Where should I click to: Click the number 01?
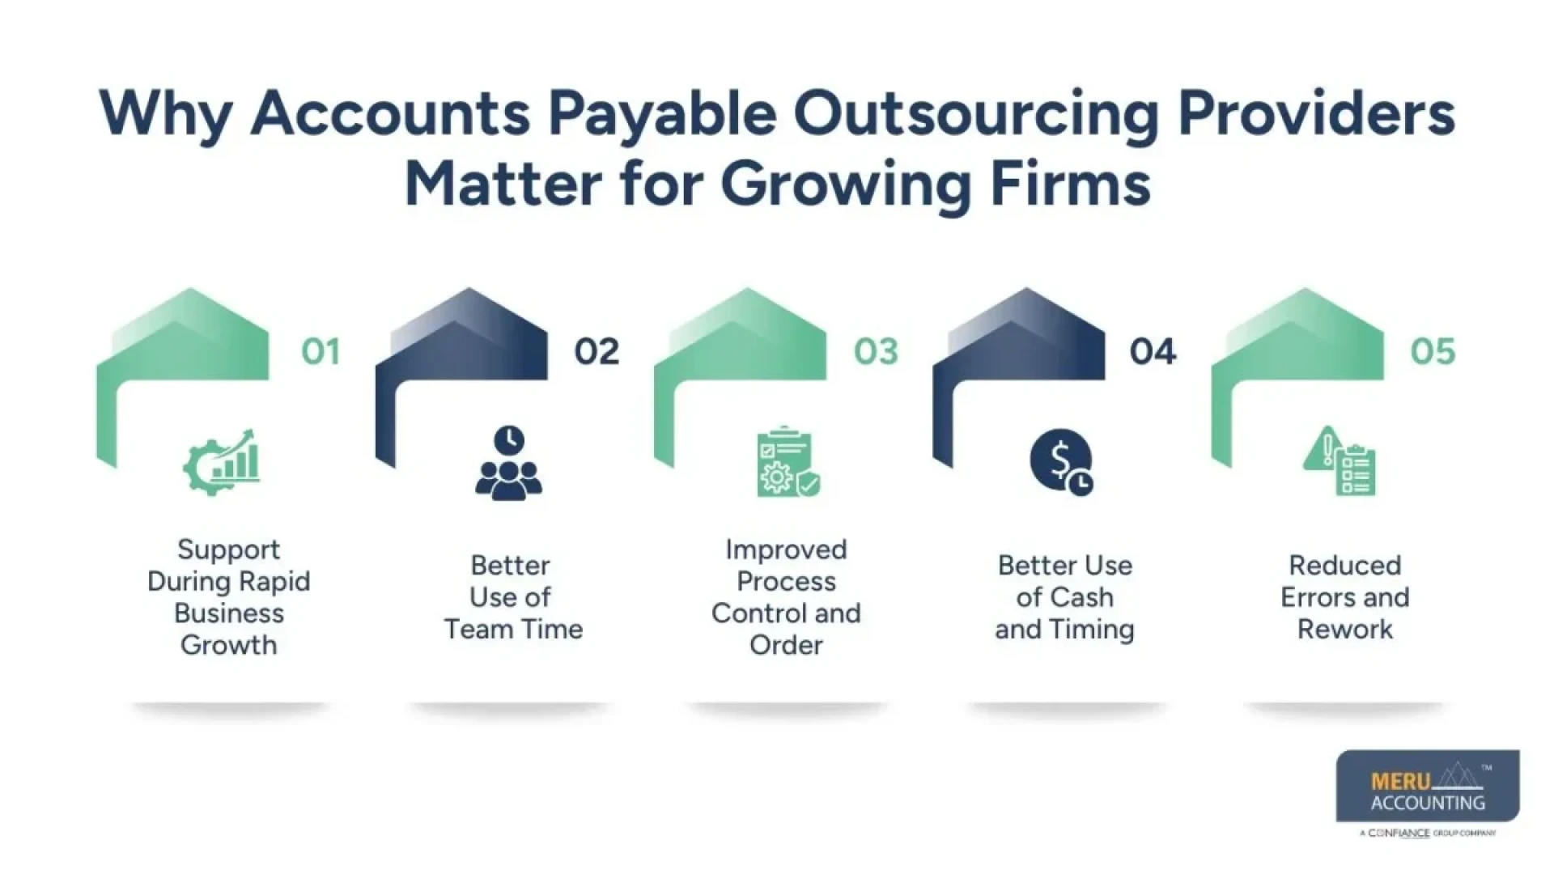point(321,352)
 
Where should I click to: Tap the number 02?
point(597,352)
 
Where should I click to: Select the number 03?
point(876,352)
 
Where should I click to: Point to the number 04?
point(1153,352)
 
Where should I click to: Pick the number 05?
point(1433,352)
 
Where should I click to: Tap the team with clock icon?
point(508,463)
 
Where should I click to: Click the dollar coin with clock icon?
point(1062,462)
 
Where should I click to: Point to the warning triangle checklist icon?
point(1340,462)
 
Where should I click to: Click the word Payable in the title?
point(662,115)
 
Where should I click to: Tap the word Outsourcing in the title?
point(976,115)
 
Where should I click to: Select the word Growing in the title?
point(845,185)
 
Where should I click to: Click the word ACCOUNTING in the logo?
point(1428,803)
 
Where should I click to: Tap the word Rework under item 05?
point(1345,630)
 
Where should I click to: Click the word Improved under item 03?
point(786,549)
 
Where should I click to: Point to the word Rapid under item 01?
point(274,582)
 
